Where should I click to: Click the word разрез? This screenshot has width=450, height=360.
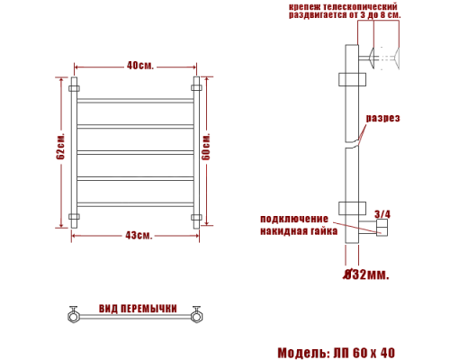pos(383,119)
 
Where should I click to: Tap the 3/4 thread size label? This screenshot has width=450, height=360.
pos(382,214)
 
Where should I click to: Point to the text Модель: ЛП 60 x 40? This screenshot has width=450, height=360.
pos(336,352)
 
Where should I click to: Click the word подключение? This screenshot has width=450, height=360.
pos(295,219)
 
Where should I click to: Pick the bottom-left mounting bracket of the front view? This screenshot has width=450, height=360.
pos(74,218)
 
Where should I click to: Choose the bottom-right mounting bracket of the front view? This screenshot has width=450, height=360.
pos(195,218)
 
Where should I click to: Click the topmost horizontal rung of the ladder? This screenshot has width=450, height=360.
pos(135,99)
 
